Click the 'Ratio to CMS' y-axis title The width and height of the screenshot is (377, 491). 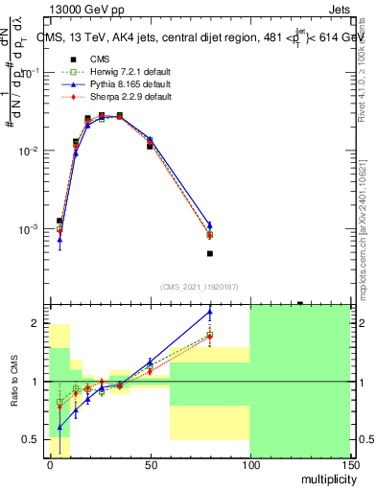[14, 391]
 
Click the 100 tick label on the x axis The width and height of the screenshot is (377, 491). [249, 465]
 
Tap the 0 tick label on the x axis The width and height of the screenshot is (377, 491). [50, 465]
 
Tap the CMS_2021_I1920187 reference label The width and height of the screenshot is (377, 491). [199, 287]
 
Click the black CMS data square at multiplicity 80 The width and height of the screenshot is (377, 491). [209, 254]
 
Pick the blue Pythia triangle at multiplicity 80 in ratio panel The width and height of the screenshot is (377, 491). [209, 312]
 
